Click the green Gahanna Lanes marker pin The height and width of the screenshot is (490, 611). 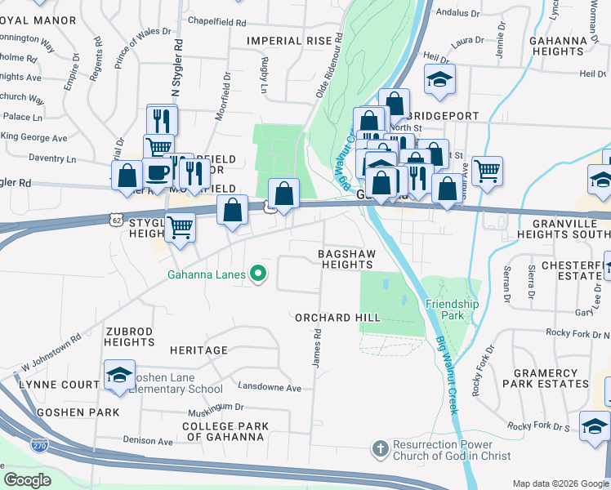259,274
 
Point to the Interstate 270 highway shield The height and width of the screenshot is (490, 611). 38,446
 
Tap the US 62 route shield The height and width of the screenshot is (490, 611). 117,218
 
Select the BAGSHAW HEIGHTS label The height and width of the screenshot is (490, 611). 346,260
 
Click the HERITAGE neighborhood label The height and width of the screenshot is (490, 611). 198,350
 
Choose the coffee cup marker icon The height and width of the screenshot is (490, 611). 158,172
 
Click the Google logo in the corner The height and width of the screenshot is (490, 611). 26,480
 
